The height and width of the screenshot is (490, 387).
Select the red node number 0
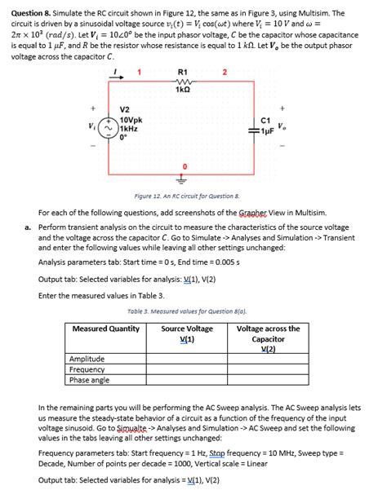tap(184, 166)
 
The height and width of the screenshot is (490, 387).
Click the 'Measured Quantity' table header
tap(106, 329)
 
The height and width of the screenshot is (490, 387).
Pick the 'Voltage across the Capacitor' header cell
tap(268, 338)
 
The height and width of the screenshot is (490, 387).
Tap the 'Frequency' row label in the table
tap(87, 369)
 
